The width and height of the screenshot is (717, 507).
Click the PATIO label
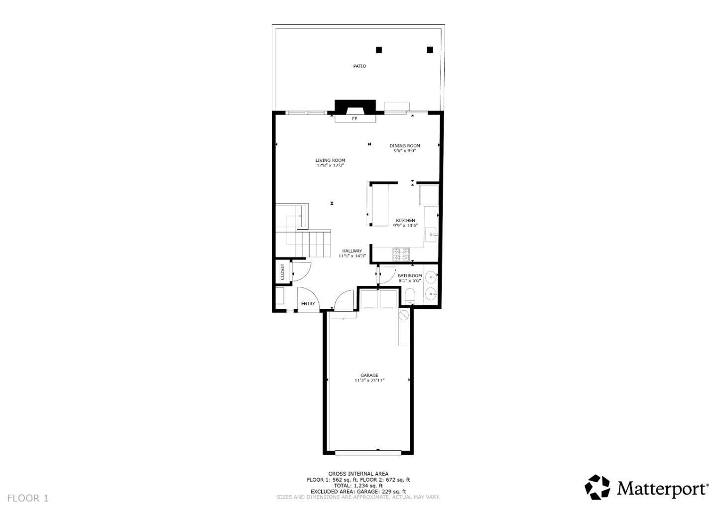(x=359, y=66)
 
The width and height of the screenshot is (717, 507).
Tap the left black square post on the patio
(x=379, y=50)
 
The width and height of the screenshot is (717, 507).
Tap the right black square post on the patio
(x=430, y=50)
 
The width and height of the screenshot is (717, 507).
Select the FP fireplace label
(x=355, y=119)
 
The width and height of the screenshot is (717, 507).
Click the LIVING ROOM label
(x=330, y=160)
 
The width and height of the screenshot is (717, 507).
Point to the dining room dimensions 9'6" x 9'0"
(x=404, y=150)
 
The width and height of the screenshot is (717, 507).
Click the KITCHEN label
(x=405, y=221)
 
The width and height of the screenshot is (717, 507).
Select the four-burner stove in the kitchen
(x=401, y=254)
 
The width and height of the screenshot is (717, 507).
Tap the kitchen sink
(x=433, y=233)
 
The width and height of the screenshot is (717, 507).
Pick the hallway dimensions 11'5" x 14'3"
(x=352, y=256)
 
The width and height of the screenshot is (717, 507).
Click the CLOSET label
(x=282, y=271)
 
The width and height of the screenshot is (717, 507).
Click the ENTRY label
(x=308, y=304)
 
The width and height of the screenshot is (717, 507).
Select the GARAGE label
(x=369, y=376)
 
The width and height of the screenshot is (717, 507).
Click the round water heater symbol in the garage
(x=403, y=315)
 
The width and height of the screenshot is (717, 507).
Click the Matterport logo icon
(x=597, y=487)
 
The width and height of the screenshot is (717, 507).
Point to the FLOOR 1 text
(x=28, y=498)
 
